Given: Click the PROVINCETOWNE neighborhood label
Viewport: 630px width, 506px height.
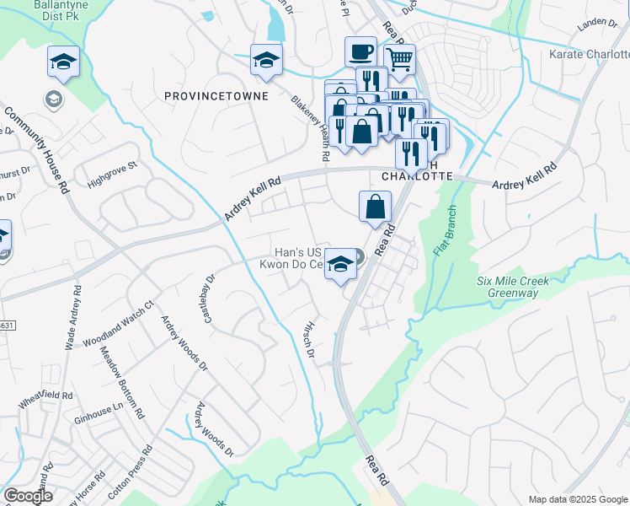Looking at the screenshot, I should (x=216, y=96).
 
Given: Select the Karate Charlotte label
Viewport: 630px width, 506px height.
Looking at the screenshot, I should (x=588, y=54).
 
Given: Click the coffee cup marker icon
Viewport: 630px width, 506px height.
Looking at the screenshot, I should (x=360, y=51).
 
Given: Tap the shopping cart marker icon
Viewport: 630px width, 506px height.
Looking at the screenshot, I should (x=399, y=59).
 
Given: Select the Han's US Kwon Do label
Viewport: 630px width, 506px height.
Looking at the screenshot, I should (x=299, y=258).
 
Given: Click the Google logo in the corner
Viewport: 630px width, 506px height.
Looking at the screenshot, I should (x=28, y=496).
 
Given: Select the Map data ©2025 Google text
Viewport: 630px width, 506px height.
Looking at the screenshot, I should (x=577, y=499).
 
